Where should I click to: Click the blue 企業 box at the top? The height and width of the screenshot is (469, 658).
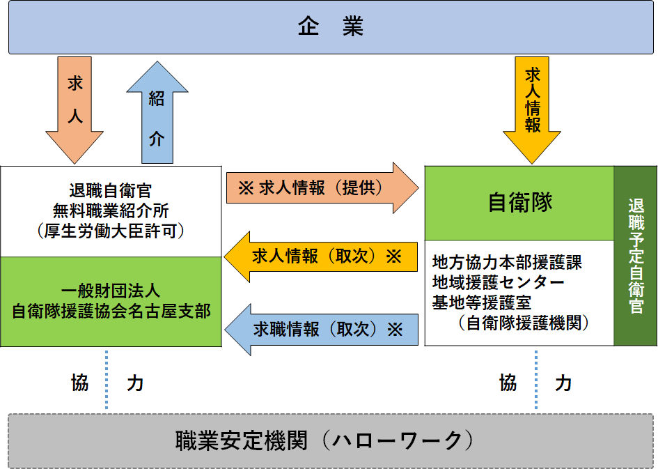(x=331, y=27)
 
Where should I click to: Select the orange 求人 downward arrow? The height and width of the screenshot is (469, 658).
(x=75, y=110)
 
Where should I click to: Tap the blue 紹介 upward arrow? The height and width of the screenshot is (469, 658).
(x=157, y=112)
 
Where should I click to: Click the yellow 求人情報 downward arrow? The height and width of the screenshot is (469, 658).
(x=532, y=110)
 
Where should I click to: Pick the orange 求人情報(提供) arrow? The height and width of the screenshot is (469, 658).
(x=322, y=187)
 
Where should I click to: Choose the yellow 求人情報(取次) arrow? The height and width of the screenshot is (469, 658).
(x=320, y=256)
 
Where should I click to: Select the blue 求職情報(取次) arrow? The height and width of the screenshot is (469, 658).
(x=322, y=330)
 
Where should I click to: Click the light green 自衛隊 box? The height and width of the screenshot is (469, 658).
(x=519, y=203)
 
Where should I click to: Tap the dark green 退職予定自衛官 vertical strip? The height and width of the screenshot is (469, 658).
(x=635, y=256)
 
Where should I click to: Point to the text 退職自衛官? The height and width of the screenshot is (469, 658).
(x=111, y=191)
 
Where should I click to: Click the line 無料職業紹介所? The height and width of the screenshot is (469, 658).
(x=111, y=210)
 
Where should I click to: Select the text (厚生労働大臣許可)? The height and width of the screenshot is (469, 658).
(x=111, y=231)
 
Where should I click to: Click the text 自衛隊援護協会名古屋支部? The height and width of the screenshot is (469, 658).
(x=111, y=311)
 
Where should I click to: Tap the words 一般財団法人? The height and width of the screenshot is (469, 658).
(x=111, y=291)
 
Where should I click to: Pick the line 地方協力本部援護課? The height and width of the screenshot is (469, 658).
(x=507, y=263)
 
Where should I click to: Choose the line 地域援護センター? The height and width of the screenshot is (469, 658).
(x=498, y=282)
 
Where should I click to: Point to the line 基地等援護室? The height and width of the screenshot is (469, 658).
(x=482, y=302)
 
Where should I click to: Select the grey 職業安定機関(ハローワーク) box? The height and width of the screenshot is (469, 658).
(x=331, y=441)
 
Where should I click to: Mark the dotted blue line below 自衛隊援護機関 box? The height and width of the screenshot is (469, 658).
(x=536, y=379)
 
